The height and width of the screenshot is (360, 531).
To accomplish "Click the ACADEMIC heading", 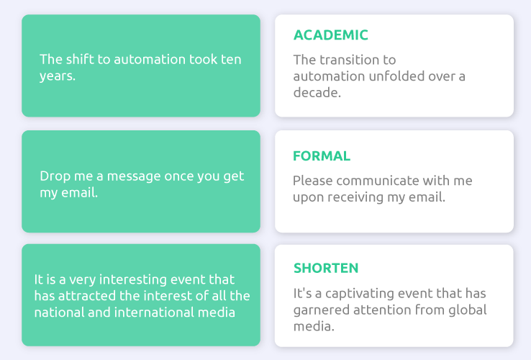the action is tap(330, 35).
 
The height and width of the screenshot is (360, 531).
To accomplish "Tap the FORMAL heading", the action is tap(322, 156).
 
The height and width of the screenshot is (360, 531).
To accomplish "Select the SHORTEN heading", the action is tap(326, 268).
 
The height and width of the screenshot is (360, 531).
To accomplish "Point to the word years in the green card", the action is tap(58, 76).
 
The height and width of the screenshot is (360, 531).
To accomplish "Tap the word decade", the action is tap(317, 93).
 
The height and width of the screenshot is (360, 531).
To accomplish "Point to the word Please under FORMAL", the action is tap(312, 181).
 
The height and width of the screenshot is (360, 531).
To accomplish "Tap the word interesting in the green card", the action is tap(132, 279).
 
